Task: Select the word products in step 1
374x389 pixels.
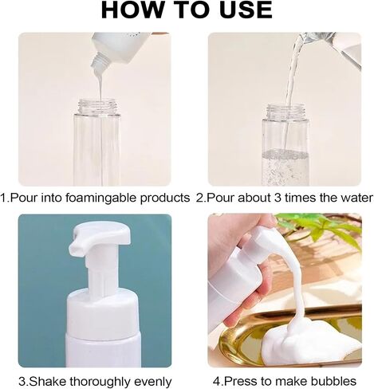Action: click(165, 198)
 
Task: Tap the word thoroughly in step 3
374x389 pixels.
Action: click(100, 382)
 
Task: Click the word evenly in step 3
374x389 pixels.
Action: click(153, 382)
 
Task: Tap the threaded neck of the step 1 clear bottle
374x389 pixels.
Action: click(97, 106)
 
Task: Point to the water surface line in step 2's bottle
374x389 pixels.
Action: click(285, 154)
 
